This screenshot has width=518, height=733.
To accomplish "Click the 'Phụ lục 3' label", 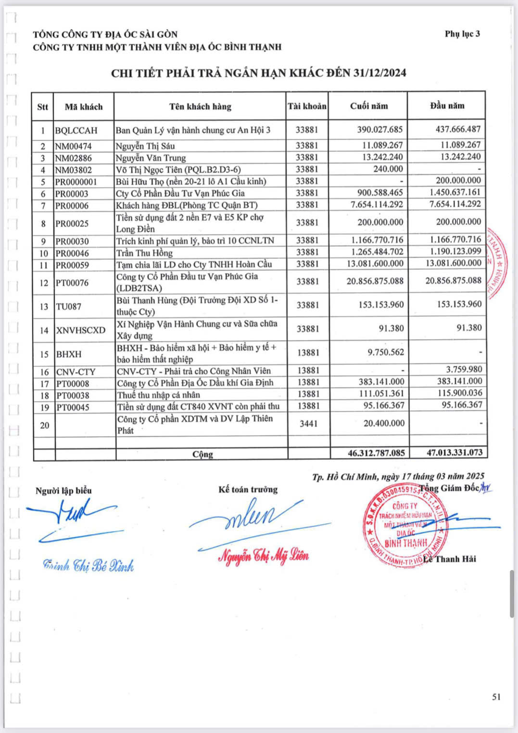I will (x=462, y=34).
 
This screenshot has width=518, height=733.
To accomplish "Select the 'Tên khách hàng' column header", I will (x=200, y=106).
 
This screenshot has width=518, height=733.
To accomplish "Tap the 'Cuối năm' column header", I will (x=369, y=106).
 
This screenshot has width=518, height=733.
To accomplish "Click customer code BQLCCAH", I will (x=76, y=130).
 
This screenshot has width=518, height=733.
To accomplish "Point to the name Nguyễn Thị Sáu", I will (x=145, y=146).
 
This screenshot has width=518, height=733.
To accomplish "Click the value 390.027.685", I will (x=379, y=129).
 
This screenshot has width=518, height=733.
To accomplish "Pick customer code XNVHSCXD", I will (x=80, y=330).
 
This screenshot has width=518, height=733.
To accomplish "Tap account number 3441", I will (x=308, y=424).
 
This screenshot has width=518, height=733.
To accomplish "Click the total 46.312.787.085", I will (x=376, y=453).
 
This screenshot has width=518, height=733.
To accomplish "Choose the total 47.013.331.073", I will (x=455, y=453).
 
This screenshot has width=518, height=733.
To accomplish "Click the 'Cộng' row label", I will (x=202, y=454).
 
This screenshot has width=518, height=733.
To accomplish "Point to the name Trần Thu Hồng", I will (x=144, y=253).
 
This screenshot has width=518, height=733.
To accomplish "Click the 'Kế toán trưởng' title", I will (x=248, y=489).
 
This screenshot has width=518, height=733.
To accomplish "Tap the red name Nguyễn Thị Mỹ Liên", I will (x=264, y=556).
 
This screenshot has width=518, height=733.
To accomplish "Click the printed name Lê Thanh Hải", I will (x=450, y=559).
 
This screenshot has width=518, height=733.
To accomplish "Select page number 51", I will (x=496, y=696).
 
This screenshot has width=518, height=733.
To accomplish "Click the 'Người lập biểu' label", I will (x=63, y=491).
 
